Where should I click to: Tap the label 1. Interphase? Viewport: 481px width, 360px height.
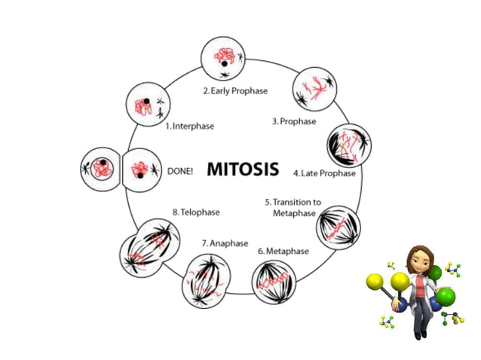189,127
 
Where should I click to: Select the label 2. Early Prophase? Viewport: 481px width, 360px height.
236,91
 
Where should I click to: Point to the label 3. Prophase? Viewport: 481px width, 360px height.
293,121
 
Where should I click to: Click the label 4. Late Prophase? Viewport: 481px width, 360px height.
324,172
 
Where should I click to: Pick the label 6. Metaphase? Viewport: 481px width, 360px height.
283,251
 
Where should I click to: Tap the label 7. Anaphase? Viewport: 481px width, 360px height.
225,244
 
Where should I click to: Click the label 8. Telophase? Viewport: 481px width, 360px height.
196,212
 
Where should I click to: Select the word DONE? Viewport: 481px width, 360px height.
180,171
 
